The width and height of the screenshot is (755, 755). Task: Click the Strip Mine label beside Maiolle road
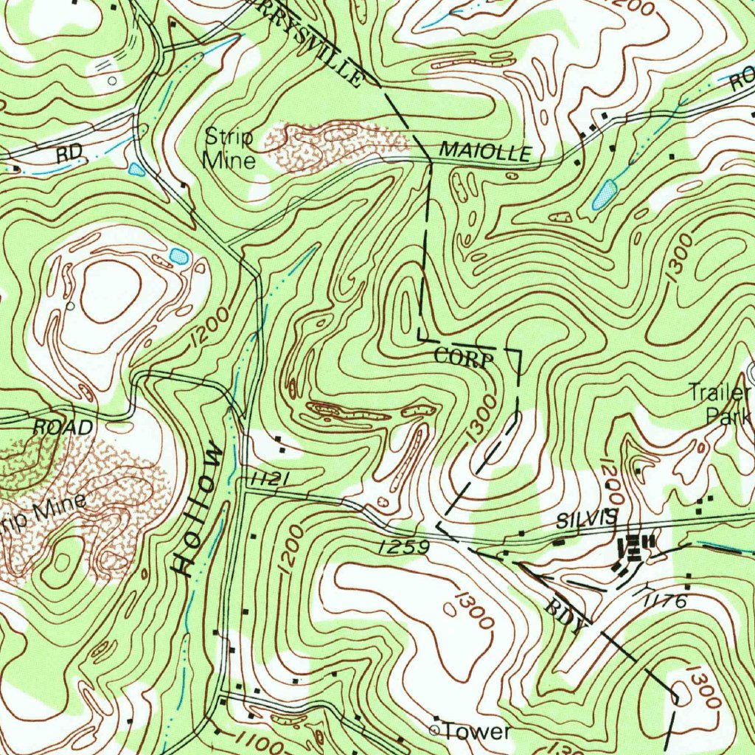click(x=229, y=148)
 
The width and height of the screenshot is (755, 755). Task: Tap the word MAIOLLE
click(x=485, y=152)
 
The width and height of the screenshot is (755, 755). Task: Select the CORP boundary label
click(x=463, y=358)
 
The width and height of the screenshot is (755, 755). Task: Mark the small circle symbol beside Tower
click(x=434, y=730)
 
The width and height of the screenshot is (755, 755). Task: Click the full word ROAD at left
click(x=63, y=427)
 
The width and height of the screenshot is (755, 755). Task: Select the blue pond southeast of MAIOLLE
click(x=604, y=195)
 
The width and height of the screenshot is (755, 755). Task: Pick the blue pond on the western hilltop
click(x=178, y=256)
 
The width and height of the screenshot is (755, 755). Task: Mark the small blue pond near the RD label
click(x=136, y=170)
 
